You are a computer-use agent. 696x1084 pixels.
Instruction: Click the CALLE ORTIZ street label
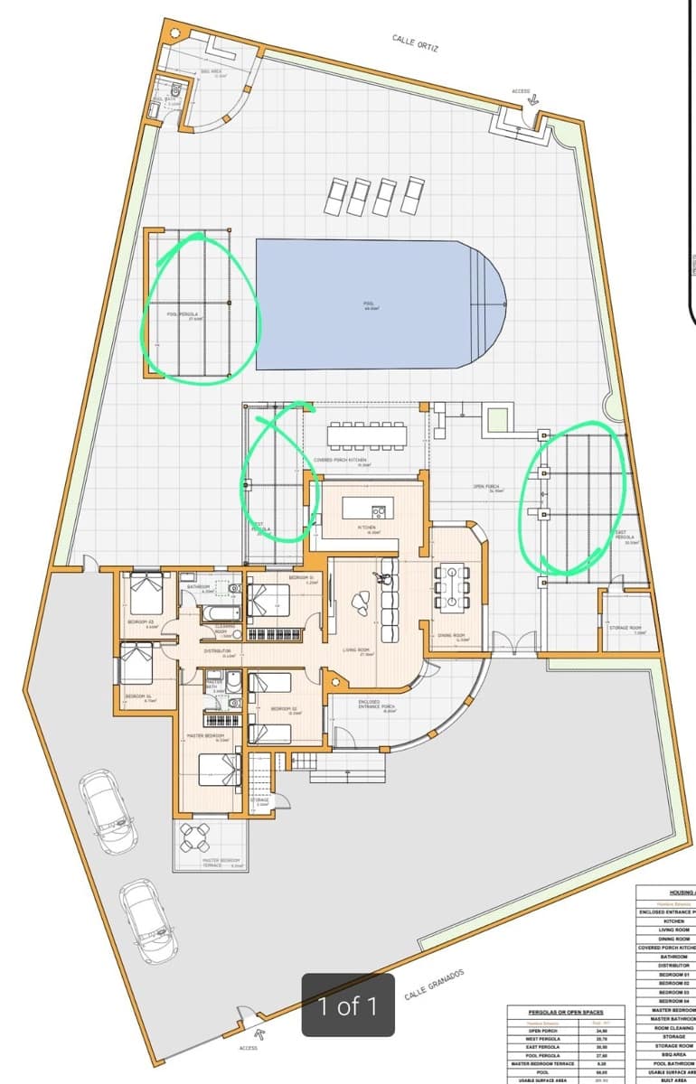click(x=415, y=42)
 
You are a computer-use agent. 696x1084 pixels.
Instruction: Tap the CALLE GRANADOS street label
click(x=434, y=980)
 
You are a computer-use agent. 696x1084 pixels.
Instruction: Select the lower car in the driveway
click(x=149, y=921)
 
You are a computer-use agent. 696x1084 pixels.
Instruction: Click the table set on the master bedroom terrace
click(x=196, y=838)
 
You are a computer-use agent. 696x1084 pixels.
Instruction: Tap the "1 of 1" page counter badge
click(x=348, y=1005)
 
